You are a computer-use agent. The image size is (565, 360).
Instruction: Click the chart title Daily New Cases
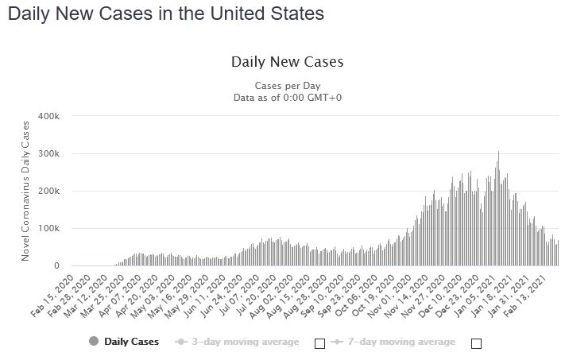pyautogui.click(x=287, y=62)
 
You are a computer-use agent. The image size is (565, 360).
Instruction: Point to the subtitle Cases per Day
pyautogui.click(x=287, y=86)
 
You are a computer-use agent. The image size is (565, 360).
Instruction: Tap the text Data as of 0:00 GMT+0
pyautogui.click(x=287, y=98)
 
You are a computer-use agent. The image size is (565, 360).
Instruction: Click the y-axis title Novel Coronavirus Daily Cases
pyautogui.click(x=25, y=191)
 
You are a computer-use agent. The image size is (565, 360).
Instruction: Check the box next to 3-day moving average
pyautogui.click(x=319, y=343)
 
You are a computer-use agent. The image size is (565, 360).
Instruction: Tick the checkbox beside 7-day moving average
pyautogui.click(x=476, y=343)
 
